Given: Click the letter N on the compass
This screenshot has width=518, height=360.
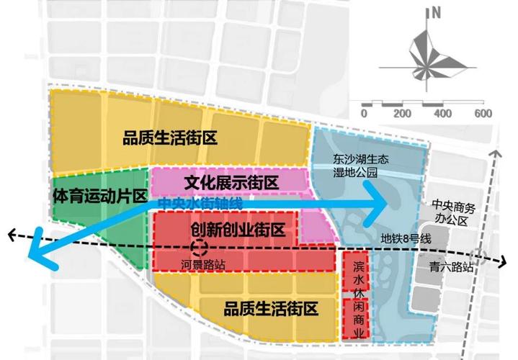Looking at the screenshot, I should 436,12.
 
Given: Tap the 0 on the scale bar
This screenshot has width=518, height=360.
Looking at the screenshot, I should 365,114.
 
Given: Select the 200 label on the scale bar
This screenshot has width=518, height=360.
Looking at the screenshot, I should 402,114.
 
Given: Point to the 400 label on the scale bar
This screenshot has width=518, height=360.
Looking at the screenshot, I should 442,114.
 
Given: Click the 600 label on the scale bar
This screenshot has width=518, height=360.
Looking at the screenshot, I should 482,114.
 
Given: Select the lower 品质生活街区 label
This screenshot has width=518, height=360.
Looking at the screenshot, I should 270,309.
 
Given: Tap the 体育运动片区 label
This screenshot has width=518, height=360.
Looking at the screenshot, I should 100,195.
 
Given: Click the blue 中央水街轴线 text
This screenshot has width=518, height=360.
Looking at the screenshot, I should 200,203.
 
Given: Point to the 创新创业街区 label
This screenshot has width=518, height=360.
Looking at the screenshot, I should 238,230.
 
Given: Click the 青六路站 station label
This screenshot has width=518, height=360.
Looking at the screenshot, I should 450,266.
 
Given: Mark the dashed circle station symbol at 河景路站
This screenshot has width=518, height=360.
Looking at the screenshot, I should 202,249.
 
